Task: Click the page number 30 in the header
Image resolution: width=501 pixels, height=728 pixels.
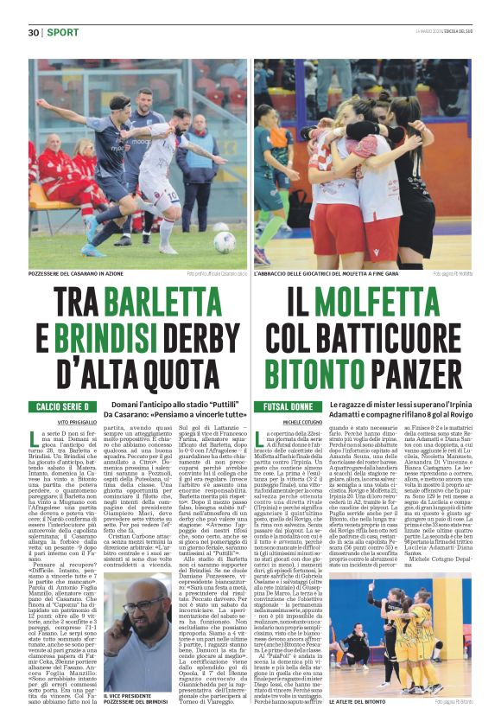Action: click(34, 33)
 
